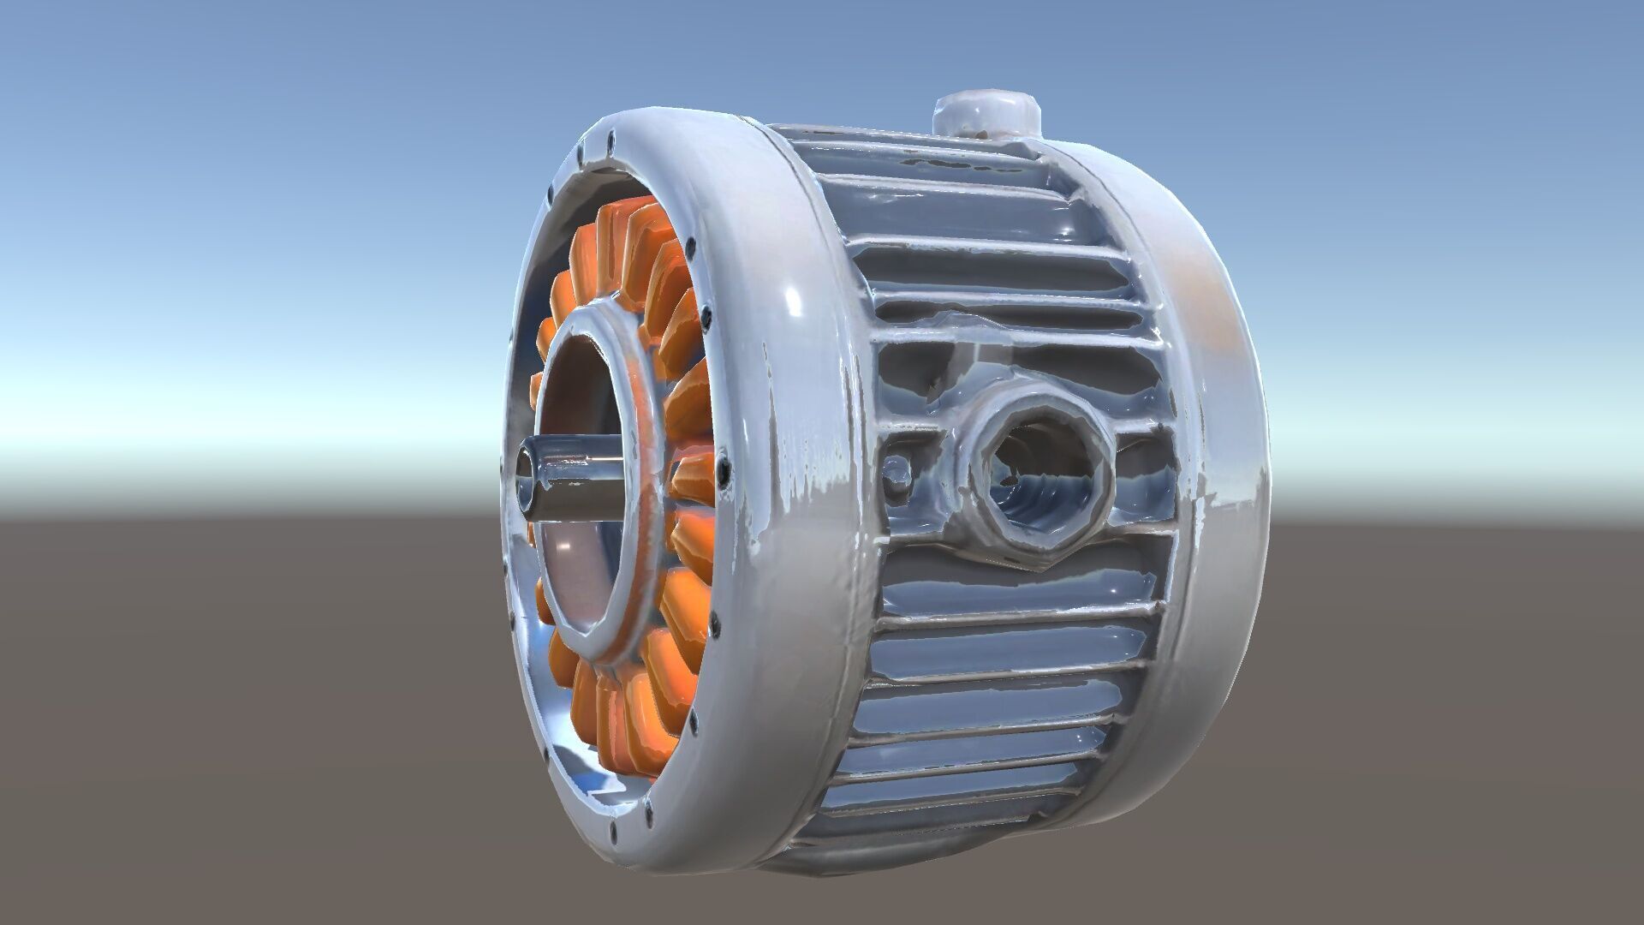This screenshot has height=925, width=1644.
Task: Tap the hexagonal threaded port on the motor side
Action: (x=1037, y=476)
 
